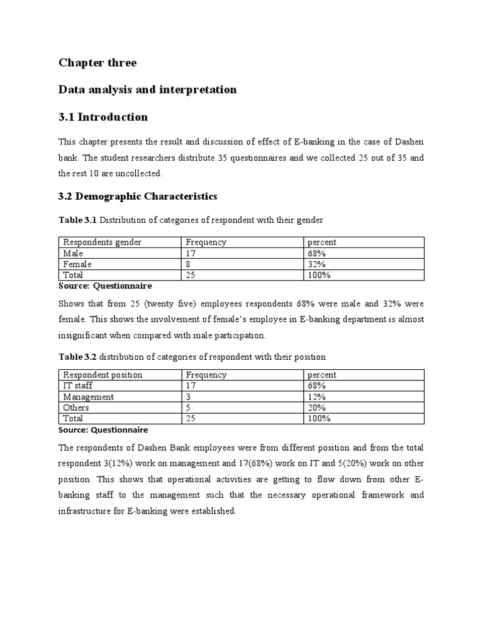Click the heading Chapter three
[x=97, y=63]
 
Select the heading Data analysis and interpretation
[x=147, y=90]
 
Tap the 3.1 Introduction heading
[x=103, y=117]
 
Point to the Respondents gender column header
[x=103, y=242]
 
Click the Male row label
[x=74, y=253]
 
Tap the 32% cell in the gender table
[x=316, y=264]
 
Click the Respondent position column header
[x=103, y=375]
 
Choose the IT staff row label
[x=78, y=386]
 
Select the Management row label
[x=89, y=397]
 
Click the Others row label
[x=76, y=408]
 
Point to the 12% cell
[x=316, y=397]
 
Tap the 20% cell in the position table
[x=317, y=408]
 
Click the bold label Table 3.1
[x=78, y=220]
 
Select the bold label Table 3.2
[x=78, y=357]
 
